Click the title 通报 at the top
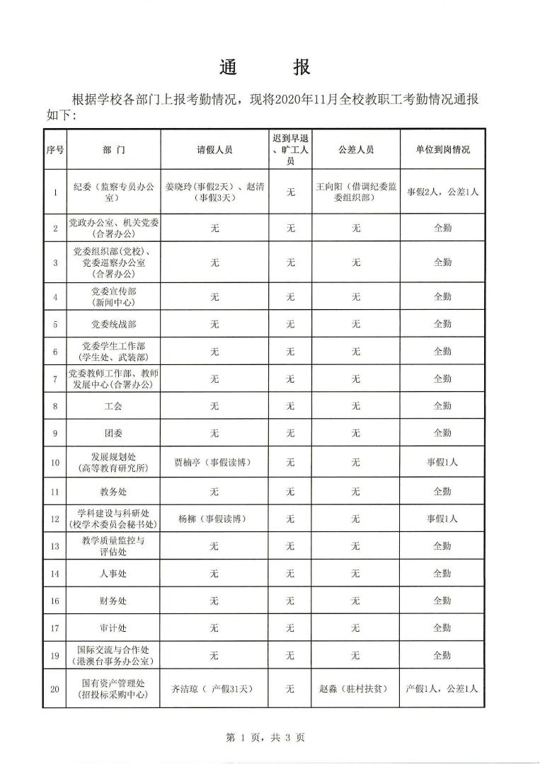click(x=264, y=67)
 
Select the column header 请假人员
click(x=214, y=150)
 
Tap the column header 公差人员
click(x=356, y=150)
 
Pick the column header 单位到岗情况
click(x=442, y=150)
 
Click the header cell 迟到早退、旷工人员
click(x=290, y=150)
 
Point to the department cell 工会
click(x=113, y=406)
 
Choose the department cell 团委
click(x=113, y=433)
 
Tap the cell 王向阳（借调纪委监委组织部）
click(x=356, y=192)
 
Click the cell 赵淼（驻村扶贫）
click(x=356, y=688)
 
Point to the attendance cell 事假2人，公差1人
click(x=442, y=192)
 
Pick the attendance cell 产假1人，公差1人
click(x=442, y=688)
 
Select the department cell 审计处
click(x=113, y=627)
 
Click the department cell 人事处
click(x=113, y=573)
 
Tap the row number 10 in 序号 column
click(x=54, y=463)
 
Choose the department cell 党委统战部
click(x=113, y=324)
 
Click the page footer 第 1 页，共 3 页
click(x=265, y=738)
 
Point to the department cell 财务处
click(x=113, y=601)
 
